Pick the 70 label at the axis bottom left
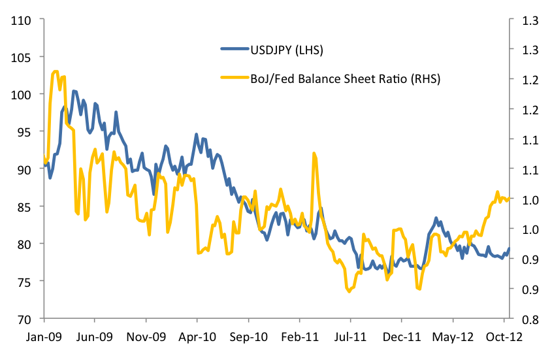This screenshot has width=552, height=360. click(x=24, y=319)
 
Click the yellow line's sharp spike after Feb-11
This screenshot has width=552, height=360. click(x=314, y=154)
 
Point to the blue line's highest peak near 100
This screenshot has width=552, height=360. click(x=73, y=91)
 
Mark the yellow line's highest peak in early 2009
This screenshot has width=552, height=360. click(x=56, y=71)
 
